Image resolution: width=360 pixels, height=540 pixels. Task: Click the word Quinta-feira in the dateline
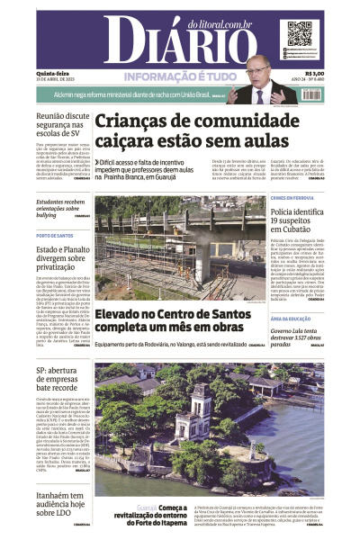(x=49, y=74)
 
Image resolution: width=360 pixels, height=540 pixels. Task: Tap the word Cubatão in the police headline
(x=270, y=230)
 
